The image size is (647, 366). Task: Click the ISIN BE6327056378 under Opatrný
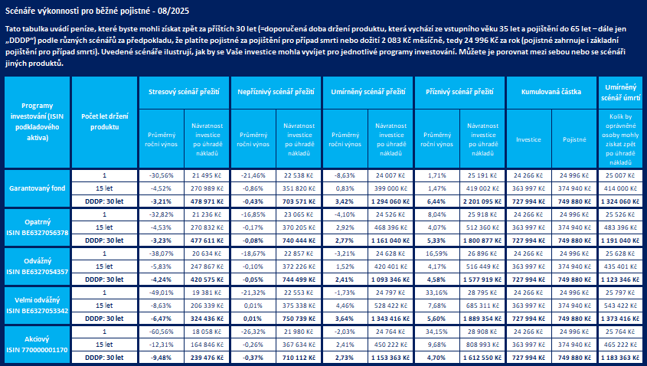tap(37, 232)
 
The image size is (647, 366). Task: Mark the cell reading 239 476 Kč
tap(206, 358)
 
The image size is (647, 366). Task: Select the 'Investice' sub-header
tap(528, 139)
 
